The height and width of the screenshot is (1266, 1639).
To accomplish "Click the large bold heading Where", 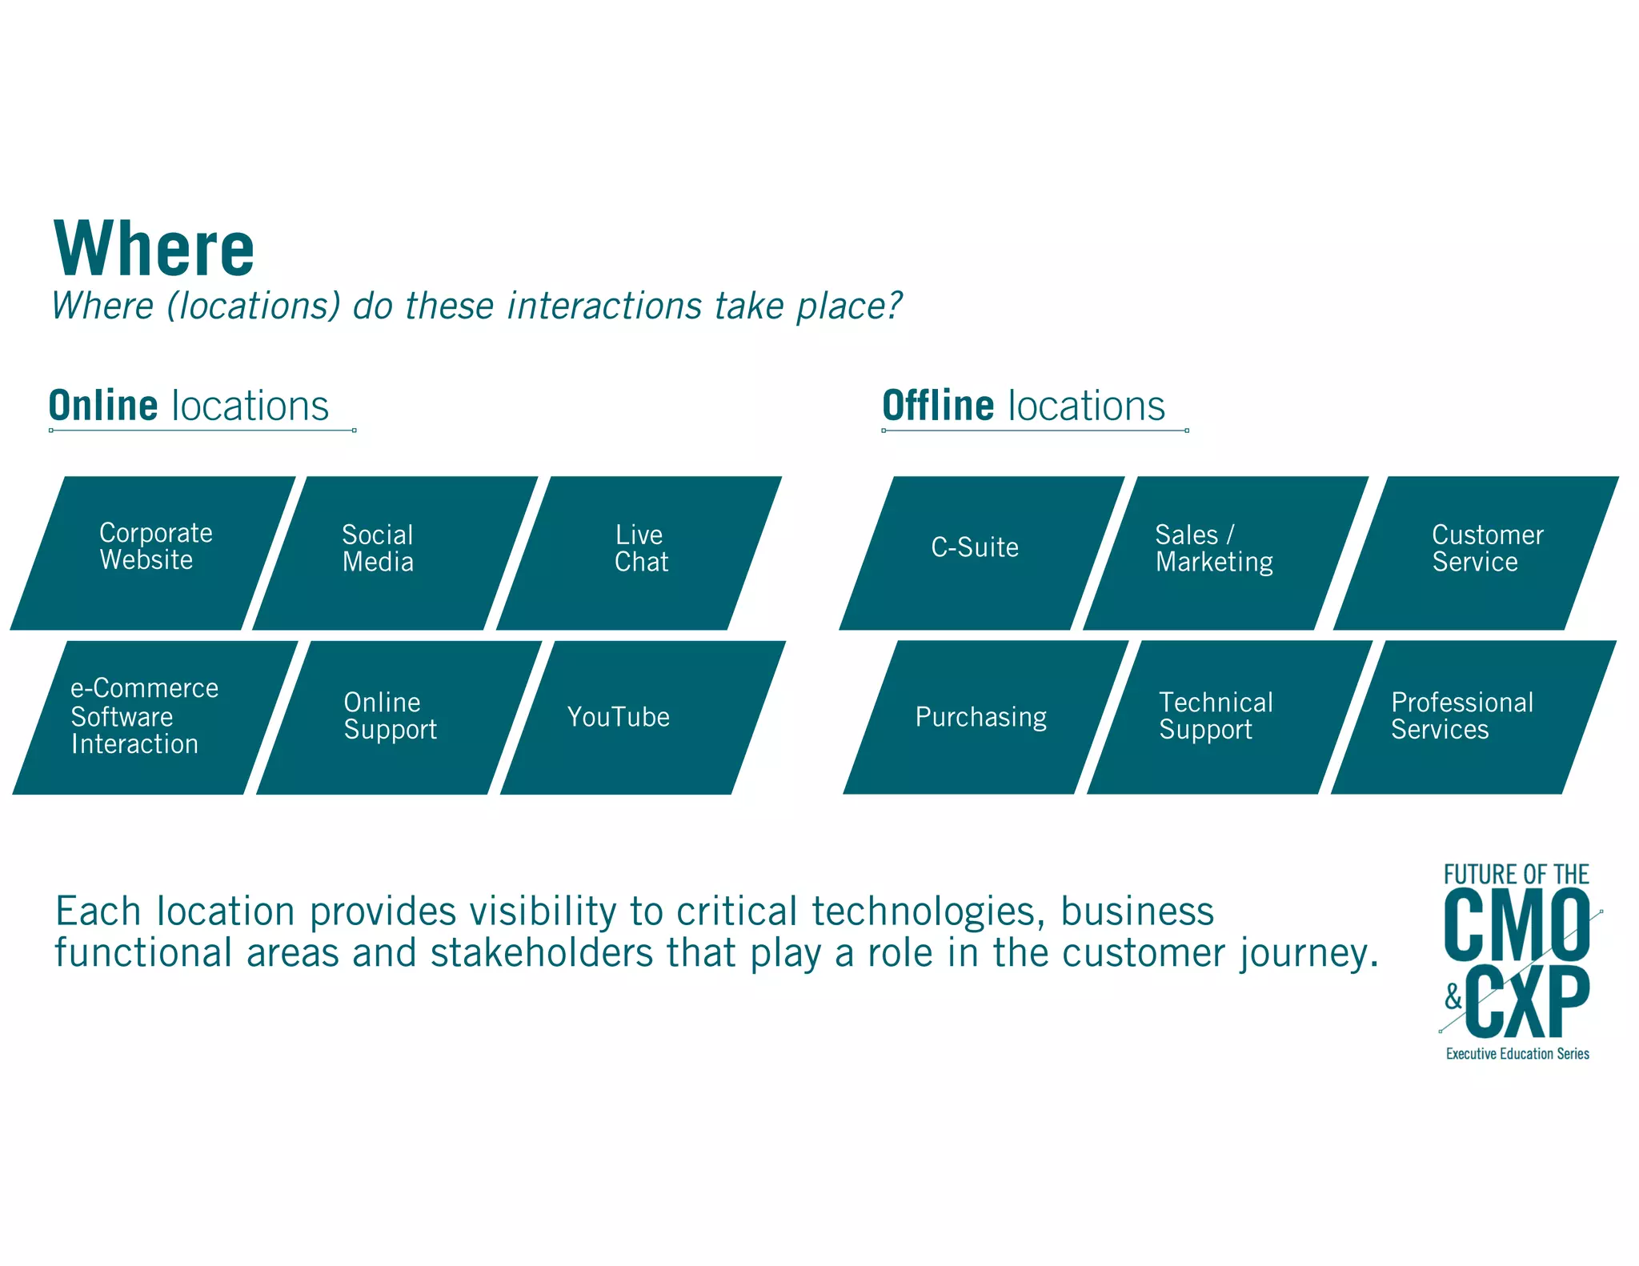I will (154, 249).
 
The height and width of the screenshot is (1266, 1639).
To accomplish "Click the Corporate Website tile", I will (154, 552).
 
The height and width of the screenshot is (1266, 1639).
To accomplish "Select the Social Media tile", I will (395, 552).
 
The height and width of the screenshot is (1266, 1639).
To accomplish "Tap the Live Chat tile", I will (639, 552).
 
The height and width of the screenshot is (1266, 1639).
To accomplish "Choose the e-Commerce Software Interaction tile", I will (154, 717).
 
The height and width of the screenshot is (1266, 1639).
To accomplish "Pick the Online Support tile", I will (398, 717).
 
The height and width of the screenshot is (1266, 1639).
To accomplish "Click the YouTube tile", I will (642, 717).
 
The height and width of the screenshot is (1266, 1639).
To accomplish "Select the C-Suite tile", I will (981, 552).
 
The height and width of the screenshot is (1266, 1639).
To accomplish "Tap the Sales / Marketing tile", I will (1224, 552).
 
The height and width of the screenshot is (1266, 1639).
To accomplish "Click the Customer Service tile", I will (1477, 552).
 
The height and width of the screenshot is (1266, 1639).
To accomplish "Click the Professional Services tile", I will (1473, 717).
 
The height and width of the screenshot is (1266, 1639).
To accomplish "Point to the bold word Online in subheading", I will (103, 406).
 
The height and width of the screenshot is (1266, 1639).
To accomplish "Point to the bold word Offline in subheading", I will (937, 406).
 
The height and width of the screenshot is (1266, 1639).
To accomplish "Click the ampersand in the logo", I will (1453, 996).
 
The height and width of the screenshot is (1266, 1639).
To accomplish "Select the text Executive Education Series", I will (1517, 1054).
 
